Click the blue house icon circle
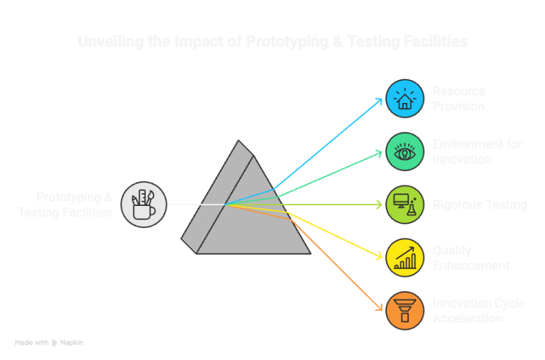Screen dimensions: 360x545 coord(405,99)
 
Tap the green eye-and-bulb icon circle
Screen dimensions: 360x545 coord(405,151)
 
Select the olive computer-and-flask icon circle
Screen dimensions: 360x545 coord(405,204)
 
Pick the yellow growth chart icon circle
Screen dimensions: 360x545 coord(405,258)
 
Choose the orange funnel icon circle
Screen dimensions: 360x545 coord(405,310)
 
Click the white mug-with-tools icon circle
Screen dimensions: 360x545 coord(143,204)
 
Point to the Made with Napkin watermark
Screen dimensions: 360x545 coord(49,342)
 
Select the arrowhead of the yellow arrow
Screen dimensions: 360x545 coord(381,256)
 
